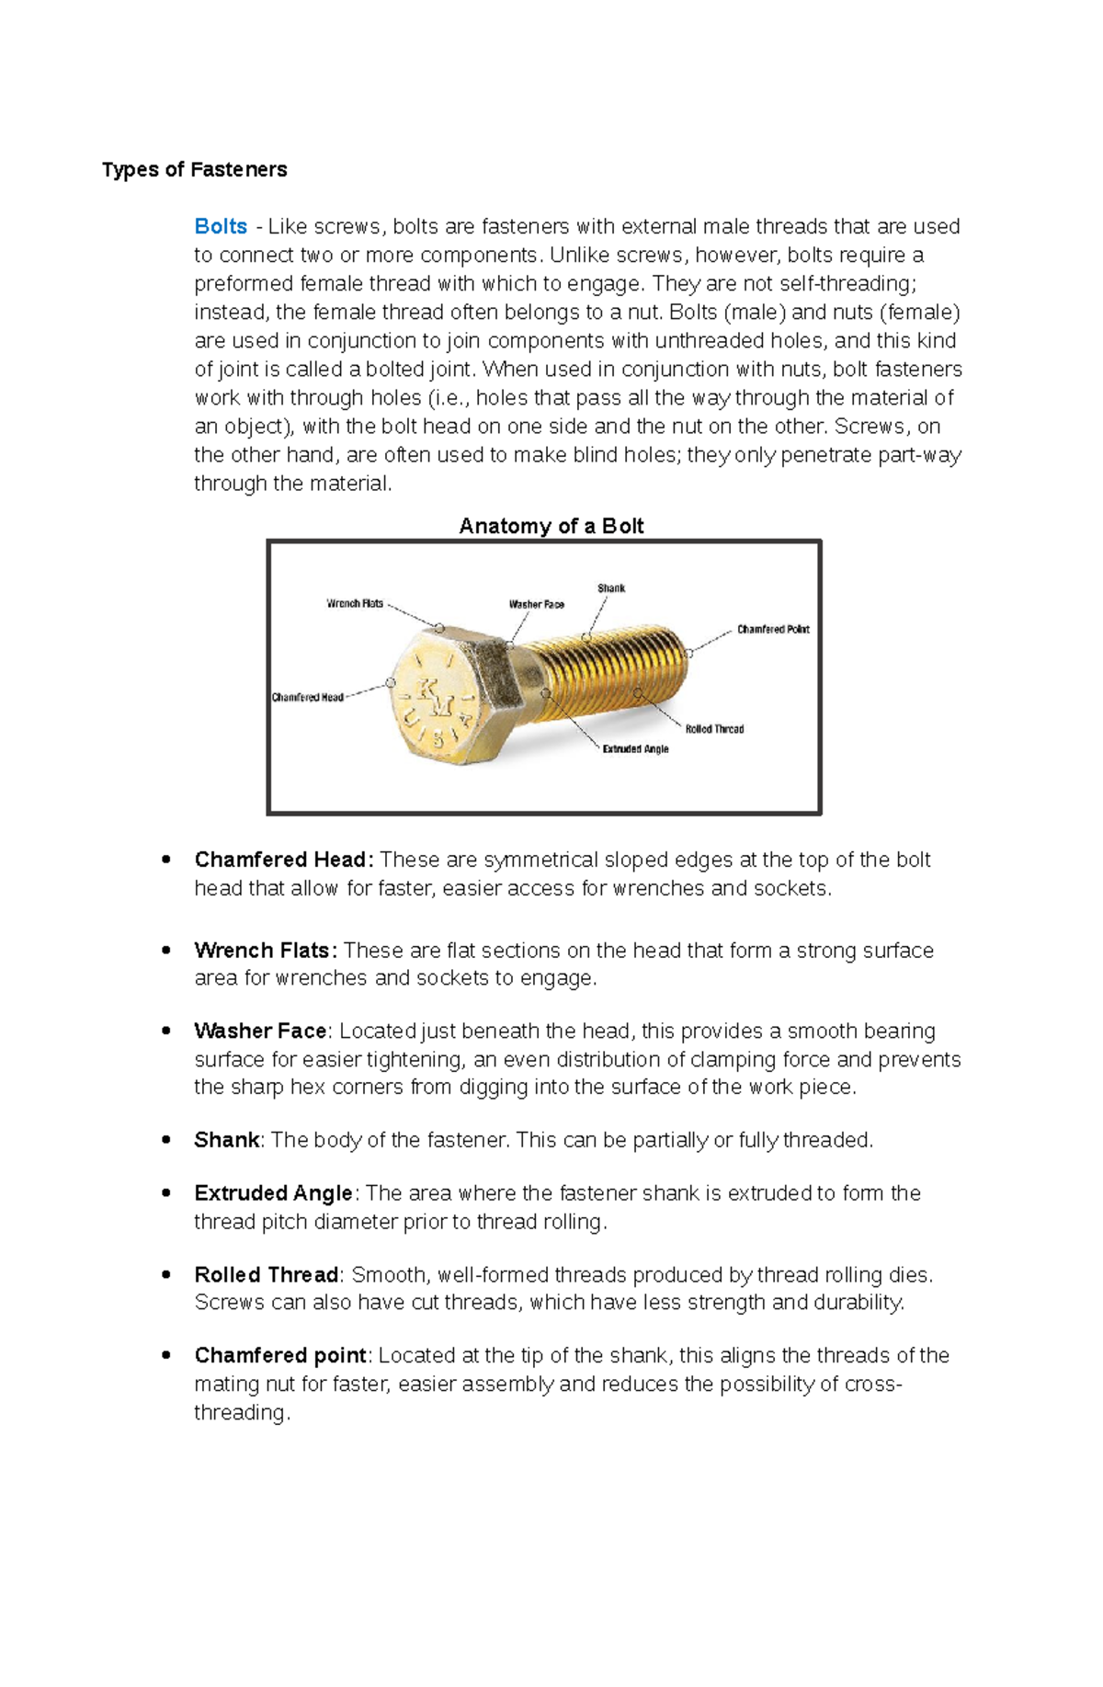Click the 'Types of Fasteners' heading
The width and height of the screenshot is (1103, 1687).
click(x=194, y=170)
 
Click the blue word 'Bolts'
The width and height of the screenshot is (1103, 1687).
click(x=221, y=227)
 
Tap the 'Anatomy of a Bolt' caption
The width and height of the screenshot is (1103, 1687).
click(x=551, y=526)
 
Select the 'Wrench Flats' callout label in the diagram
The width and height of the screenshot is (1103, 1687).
click(x=355, y=604)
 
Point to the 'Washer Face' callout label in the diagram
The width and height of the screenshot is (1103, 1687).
click(x=537, y=605)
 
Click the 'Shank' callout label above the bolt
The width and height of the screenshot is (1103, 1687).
click(x=611, y=588)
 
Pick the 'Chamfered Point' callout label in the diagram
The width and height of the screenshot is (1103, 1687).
click(x=773, y=630)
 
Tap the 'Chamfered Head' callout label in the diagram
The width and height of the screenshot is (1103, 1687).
click(x=307, y=698)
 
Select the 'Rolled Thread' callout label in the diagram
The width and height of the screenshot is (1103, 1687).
click(x=714, y=729)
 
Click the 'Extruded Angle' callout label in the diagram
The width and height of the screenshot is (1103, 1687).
click(x=635, y=749)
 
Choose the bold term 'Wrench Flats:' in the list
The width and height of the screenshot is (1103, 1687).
click(x=266, y=951)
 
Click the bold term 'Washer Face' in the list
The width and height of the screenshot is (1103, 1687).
click(x=260, y=1032)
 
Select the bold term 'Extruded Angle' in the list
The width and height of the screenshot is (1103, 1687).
click(x=273, y=1193)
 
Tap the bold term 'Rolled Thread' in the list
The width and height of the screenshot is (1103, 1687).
click(x=267, y=1275)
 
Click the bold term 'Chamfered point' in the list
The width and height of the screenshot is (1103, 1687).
click(x=280, y=1356)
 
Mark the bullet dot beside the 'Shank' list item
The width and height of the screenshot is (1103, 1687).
click(x=166, y=1140)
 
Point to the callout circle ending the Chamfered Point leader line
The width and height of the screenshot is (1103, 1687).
click(x=688, y=654)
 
